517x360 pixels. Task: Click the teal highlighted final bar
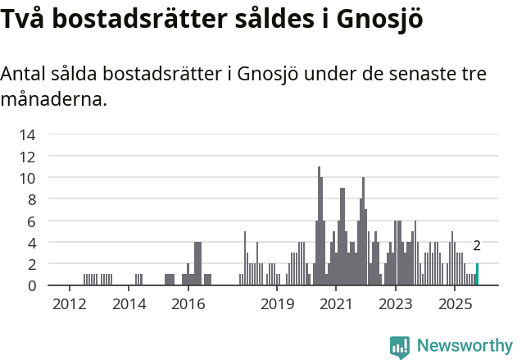[x=477, y=275]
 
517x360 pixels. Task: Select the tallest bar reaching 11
[x=319, y=226]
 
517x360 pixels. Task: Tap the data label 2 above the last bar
[x=477, y=246]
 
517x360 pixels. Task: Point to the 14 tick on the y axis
[x=28, y=134]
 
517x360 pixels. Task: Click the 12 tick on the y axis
[x=28, y=157]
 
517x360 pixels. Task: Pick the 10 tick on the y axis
[x=28, y=178]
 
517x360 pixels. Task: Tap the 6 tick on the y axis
[x=31, y=221]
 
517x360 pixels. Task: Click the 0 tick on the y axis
[x=31, y=285]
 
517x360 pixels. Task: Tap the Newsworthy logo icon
[x=400, y=346]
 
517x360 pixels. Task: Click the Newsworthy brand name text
[x=464, y=346]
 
